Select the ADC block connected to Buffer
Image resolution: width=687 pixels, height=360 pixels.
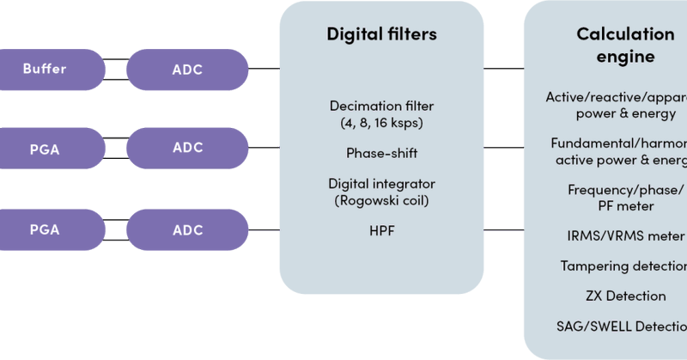[187, 69]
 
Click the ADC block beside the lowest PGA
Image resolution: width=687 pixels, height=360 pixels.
[187, 230]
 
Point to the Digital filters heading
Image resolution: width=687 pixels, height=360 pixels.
[381, 35]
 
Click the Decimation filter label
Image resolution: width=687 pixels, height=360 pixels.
[381, 106]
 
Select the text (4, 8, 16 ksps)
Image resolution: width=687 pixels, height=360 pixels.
[381, 122]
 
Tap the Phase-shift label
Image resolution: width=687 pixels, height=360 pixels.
[381, 153]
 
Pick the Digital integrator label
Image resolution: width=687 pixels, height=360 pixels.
[381, 184]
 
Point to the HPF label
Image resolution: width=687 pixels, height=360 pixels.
[381, 230]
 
